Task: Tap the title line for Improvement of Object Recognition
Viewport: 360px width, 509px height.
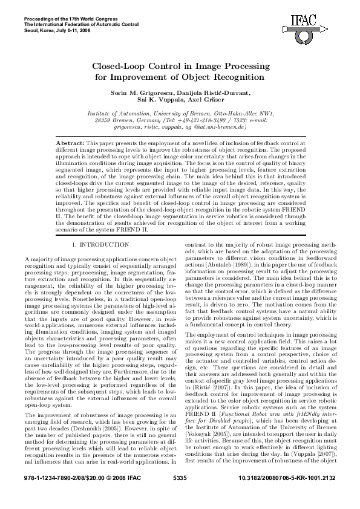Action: (x=180, y=77)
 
